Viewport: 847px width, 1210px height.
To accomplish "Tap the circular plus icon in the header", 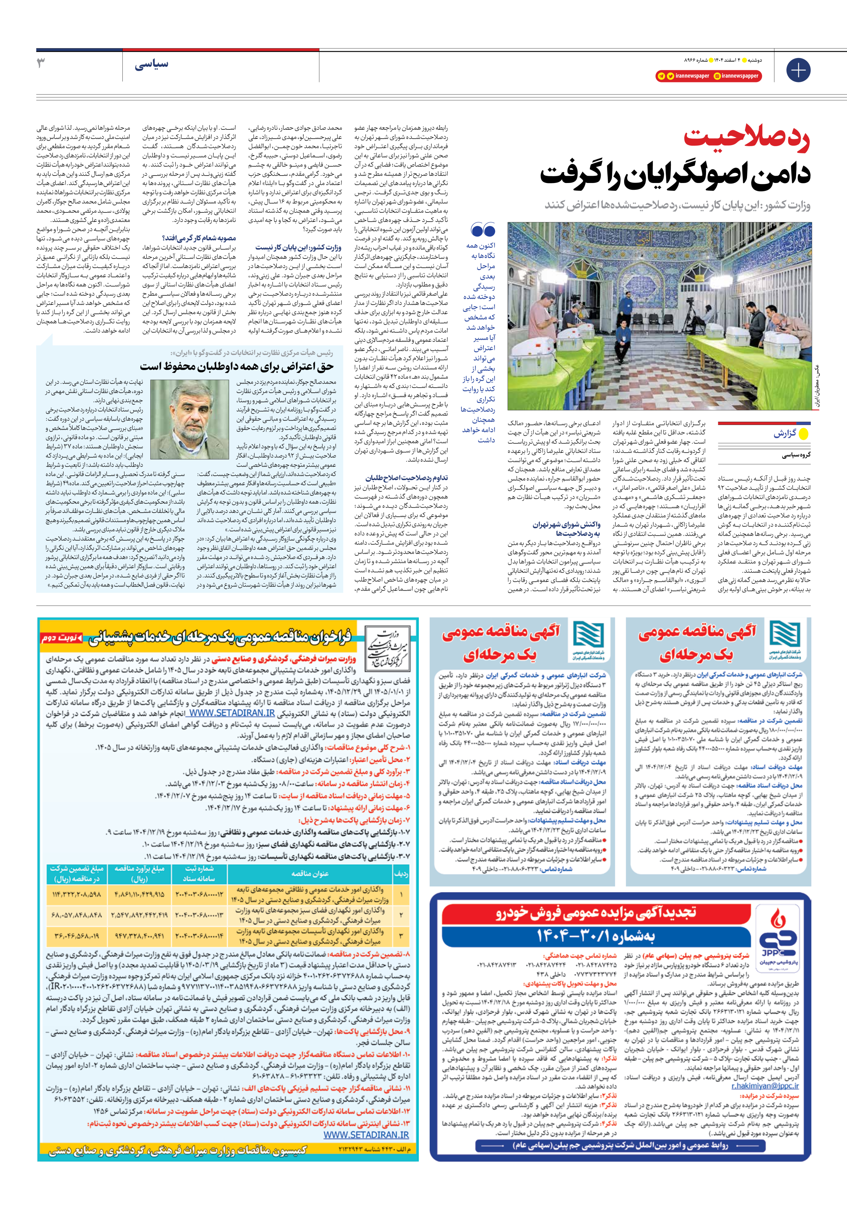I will (798, 70).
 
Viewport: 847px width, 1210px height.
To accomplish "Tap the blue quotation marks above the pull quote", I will (483, 230).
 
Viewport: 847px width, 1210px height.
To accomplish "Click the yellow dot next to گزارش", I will (804, 434).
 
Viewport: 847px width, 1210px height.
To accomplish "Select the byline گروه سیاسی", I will (796, 455).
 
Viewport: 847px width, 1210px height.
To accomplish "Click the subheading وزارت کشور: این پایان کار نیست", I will (298, 247).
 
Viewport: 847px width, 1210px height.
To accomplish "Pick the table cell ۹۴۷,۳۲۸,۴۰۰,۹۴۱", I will (139, 936).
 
